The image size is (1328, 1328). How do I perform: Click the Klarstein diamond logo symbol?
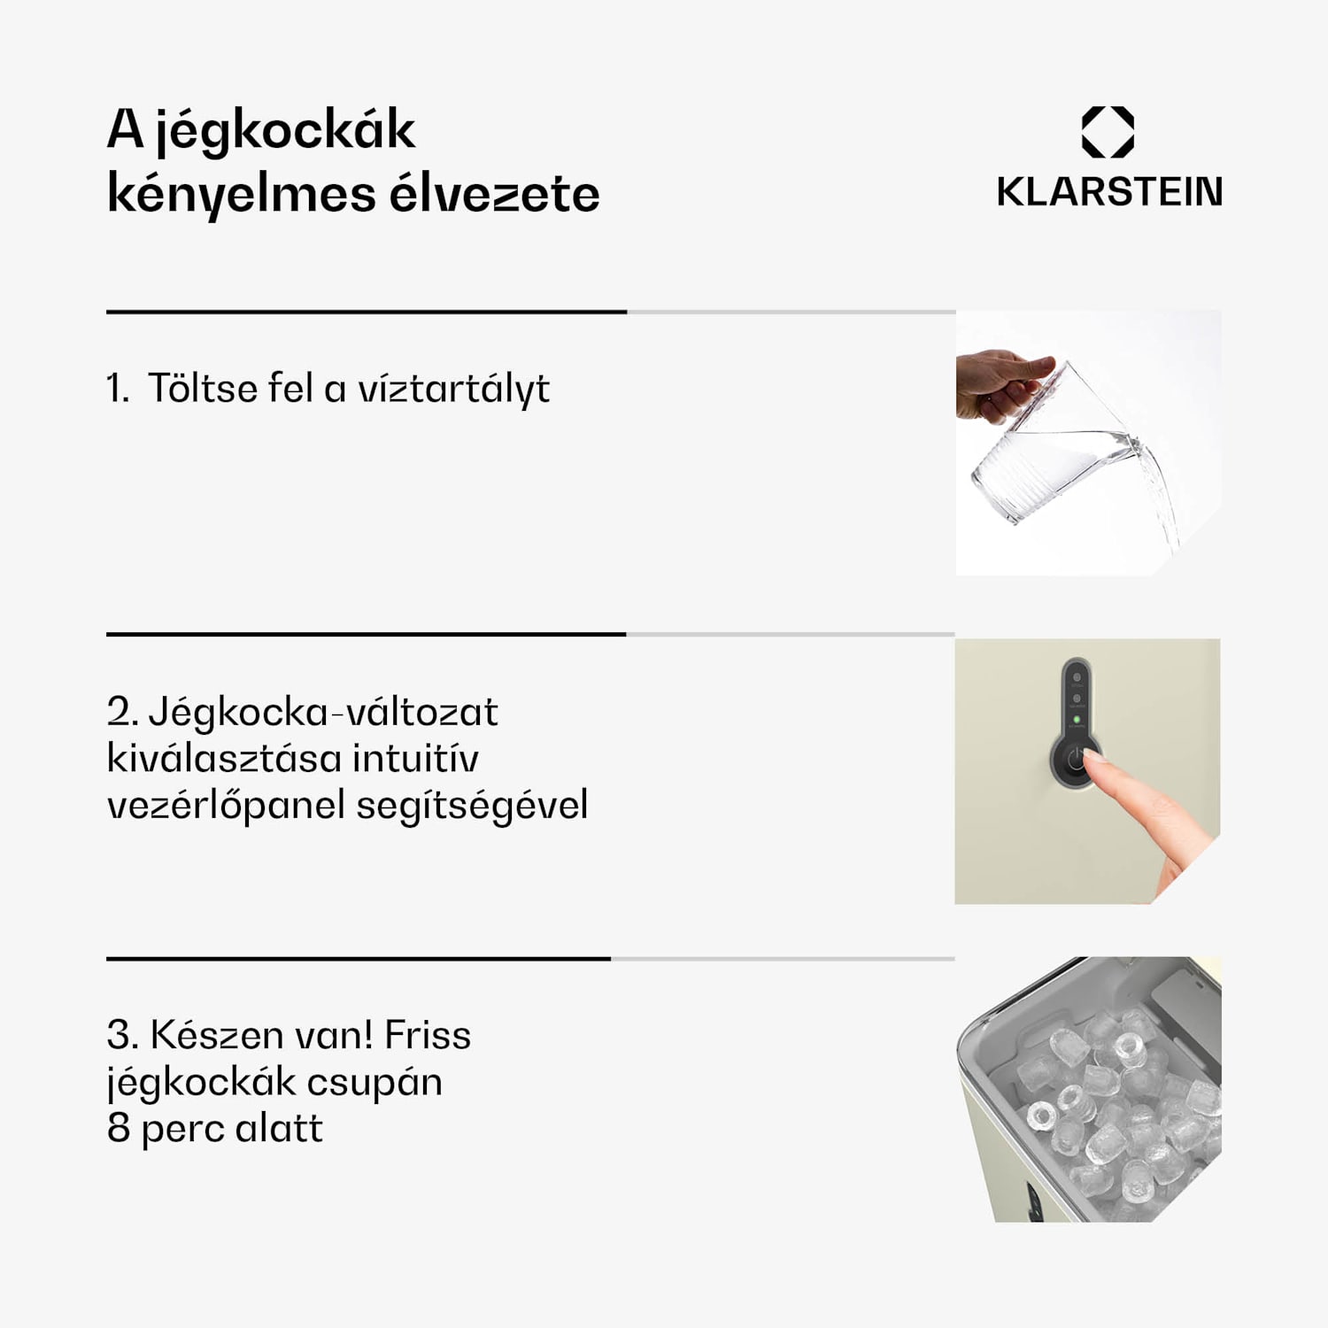(x=1108, y=132)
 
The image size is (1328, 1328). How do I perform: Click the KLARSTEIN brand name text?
(x=1109, y=192)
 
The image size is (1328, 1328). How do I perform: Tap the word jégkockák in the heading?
(x=284, y=131)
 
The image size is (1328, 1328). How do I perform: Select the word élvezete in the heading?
(x=494, y=195)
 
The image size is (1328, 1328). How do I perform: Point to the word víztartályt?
(x=453, y=390)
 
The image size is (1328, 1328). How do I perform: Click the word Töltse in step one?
(x=203, y=388)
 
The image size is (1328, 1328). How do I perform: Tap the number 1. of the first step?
(x=118, y=389)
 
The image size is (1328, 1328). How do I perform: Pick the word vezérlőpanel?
(x=226, y=806)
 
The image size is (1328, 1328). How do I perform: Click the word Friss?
(x=428, y=1035)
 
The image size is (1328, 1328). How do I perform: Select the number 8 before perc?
(x=118, y=1129)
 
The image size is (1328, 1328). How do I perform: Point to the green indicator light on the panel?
(x=1077, y=720)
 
